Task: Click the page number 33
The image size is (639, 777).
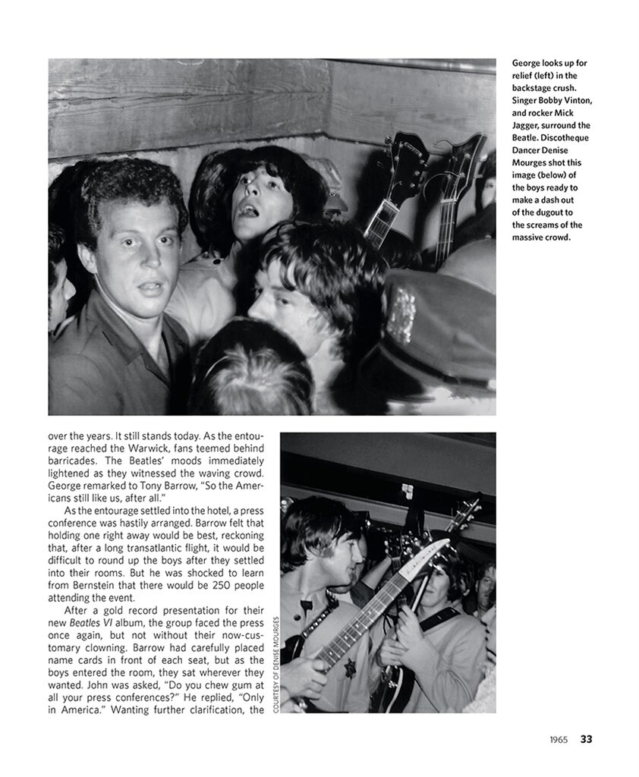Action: coord(586,739)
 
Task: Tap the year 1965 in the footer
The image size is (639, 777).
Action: coord(561,739)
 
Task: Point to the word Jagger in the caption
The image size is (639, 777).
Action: coord(527,125)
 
